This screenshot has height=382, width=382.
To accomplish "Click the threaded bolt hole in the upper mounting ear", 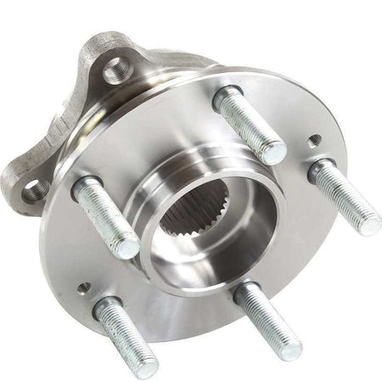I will [116, 71].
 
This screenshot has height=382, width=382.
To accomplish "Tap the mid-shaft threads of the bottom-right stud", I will [266, 320].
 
